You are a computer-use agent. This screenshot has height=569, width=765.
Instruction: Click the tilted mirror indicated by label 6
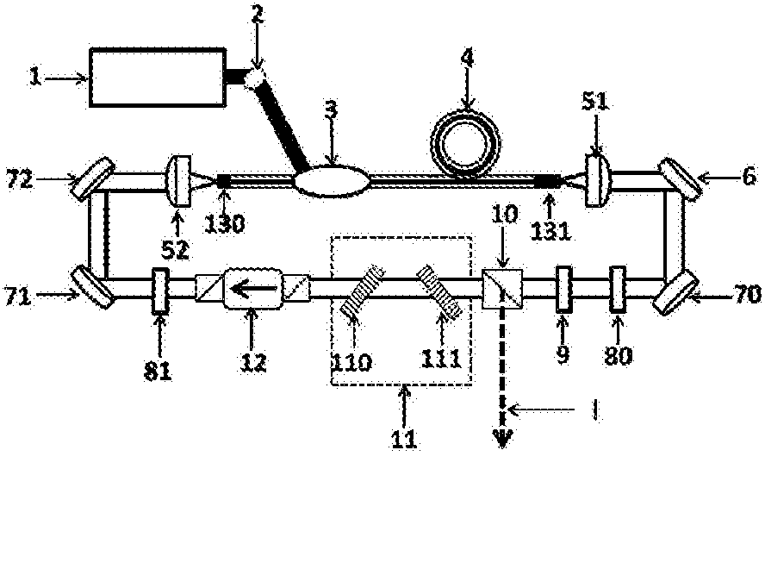click(x=680, y=178)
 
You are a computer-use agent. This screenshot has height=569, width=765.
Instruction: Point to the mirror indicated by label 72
click(x=93, y=178)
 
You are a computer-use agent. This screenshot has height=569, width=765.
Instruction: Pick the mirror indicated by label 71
click(x=93, y=287)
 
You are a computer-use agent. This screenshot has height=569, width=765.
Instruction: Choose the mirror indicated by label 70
click(x=675, y=293)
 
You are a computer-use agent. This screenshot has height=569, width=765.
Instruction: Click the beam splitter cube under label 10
click(x=502, y=289)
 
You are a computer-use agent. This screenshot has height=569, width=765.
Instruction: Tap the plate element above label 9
click(x=563, y=289)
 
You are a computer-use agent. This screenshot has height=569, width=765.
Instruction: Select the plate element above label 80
click(x=618, y=289)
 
